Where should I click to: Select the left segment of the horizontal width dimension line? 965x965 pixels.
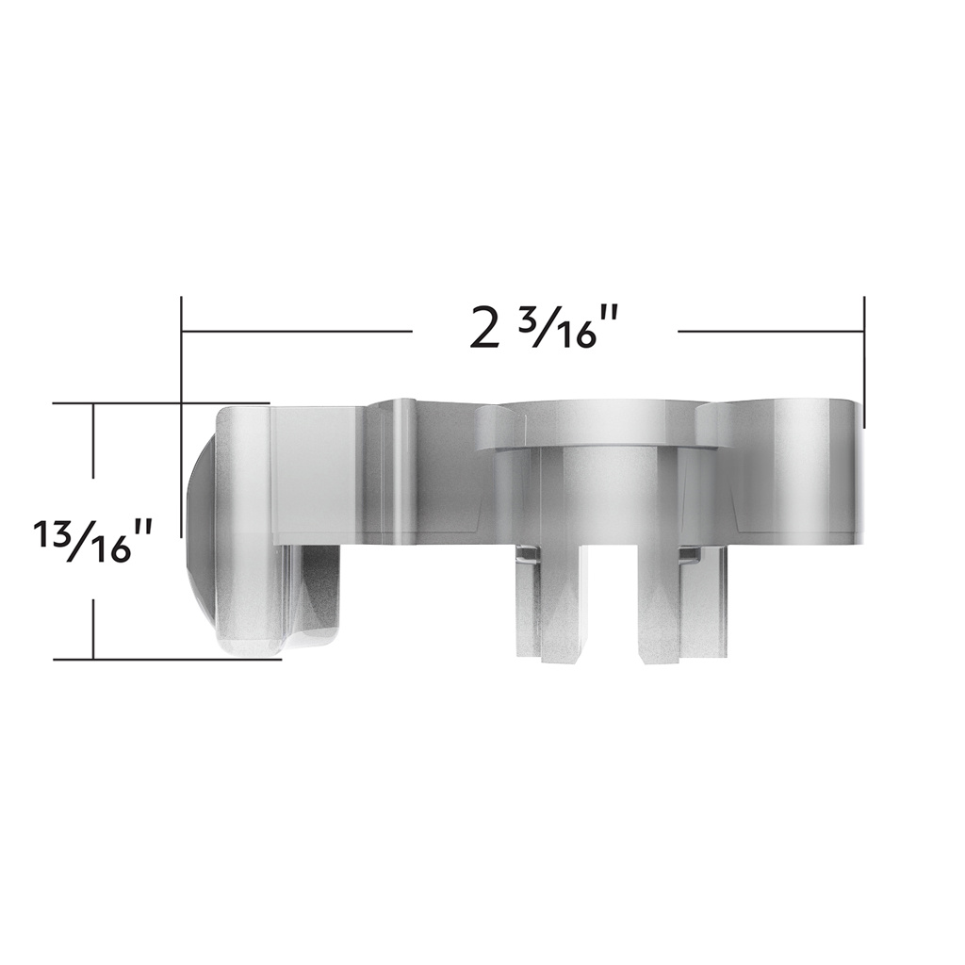(297, 331)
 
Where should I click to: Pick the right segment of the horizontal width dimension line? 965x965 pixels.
(770, 331)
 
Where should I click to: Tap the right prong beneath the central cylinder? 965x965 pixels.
(660, 603)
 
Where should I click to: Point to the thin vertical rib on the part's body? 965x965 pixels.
(402, 471)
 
